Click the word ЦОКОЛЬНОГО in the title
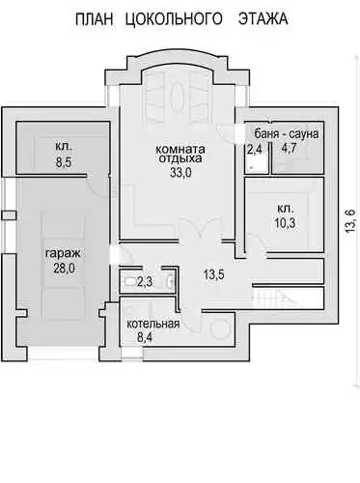point(173,18)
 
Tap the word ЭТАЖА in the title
point(263,18)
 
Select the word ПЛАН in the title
point(95,19)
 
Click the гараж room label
point(63,254)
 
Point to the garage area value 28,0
point(64,268)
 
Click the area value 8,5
point(64,162)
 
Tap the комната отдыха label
point(180,154)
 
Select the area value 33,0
point(180,173)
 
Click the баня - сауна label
point(287,134)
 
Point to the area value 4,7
point(289,149)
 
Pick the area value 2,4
point(254,150)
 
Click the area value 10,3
point(285,222)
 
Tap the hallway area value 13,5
point(214,274)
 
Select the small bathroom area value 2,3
point(145,282)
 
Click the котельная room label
point(152,324)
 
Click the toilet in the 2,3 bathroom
point(129,282)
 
